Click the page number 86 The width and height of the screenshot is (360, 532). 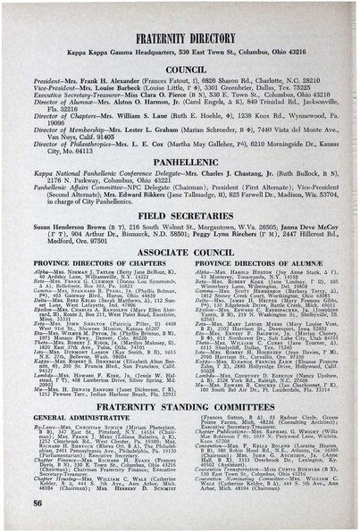click(34, 504)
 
